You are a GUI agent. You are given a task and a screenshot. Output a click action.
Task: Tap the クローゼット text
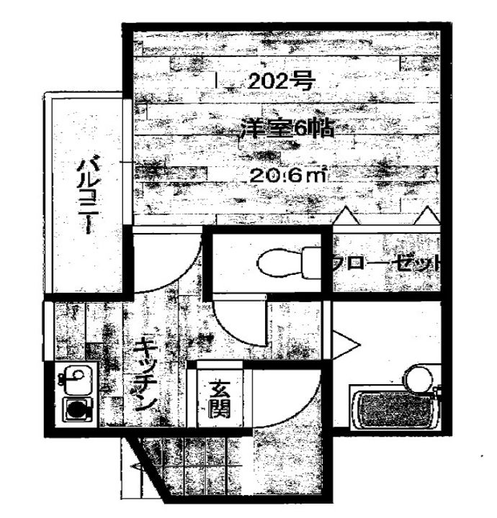point(385,263)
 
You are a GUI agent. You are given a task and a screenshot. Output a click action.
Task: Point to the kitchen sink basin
point(73,377)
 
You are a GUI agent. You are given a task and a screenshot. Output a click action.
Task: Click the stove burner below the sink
point(74,410)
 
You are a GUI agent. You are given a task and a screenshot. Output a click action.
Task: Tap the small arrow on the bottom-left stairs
point(137,468)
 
